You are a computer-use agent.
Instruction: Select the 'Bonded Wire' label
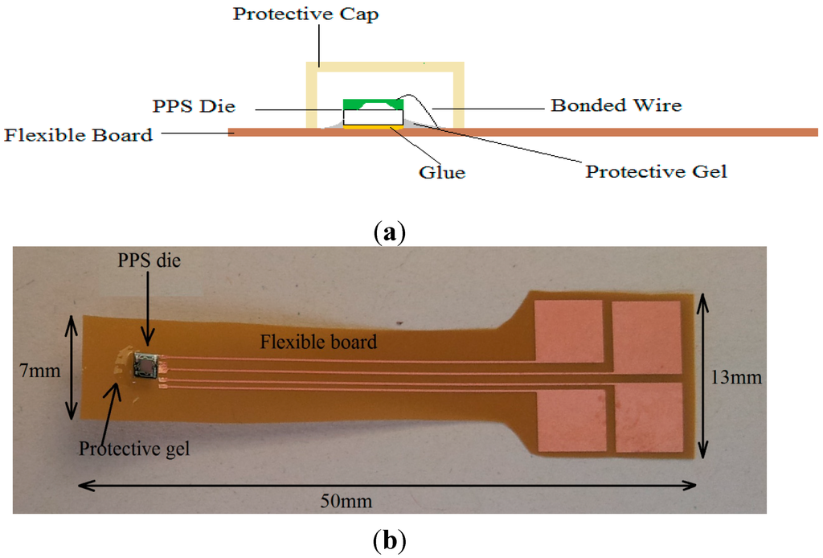616,105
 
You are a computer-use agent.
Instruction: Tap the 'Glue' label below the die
443,172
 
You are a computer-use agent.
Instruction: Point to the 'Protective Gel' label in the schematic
656,171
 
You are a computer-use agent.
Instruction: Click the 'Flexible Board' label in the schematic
78,134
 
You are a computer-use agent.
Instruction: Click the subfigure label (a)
390,232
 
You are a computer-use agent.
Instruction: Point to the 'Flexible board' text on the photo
318,342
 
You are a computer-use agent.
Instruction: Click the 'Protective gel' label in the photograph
134,448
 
